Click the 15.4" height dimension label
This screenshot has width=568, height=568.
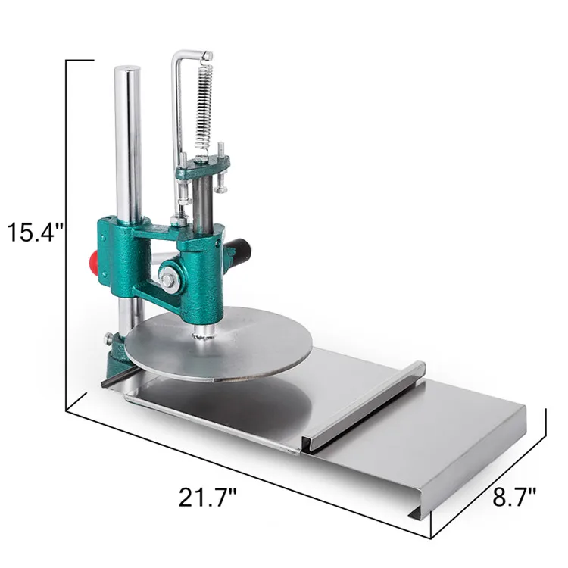[x=35, y=232]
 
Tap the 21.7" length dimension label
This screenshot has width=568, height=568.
[x=208, y=498]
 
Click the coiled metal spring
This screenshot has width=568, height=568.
[x=204, y=107]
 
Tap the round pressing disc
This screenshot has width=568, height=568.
[x=219, y=342]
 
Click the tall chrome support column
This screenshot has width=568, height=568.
[x=127, y=145]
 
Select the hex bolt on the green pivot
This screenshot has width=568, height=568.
[x=167, y=279]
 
